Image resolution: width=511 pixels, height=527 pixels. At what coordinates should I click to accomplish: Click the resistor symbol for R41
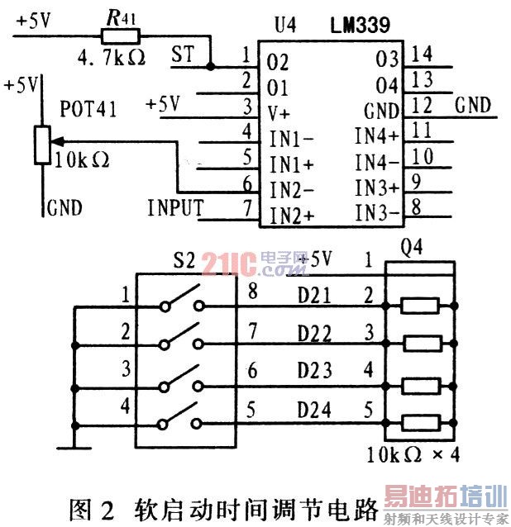(121, 36)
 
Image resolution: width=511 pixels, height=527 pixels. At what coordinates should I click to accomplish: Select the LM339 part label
(360, 25)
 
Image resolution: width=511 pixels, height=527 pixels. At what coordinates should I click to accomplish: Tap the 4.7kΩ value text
(112, 58)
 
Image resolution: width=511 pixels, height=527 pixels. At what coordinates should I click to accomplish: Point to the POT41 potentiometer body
(42, 145)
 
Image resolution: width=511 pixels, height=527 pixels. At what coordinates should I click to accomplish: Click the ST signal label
(183, 54)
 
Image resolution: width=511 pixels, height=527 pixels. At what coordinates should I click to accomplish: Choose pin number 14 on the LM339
(422, 54)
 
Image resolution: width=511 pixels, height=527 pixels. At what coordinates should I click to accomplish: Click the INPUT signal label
(175, 207)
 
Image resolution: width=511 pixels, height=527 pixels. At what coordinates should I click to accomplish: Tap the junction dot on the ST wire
(210, 66)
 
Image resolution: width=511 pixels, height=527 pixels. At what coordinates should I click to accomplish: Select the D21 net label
(314, 296)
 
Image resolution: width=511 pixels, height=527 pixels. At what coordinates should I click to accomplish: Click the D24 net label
(314, 410)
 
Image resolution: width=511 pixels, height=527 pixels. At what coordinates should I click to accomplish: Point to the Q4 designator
(412, 248)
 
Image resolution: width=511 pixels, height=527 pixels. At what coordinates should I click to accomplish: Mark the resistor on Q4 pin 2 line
(420, 306)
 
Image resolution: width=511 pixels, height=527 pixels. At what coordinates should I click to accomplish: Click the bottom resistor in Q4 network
(421, 423)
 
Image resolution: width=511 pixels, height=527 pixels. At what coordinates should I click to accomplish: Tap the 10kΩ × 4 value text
(413, 455)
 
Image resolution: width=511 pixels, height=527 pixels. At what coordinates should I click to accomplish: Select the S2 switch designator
(184, 260)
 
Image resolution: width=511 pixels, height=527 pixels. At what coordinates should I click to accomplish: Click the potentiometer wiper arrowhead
(56, 141)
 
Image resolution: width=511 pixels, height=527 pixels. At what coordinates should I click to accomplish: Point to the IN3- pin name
(377, 213)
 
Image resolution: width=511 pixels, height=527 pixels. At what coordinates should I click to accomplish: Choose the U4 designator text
(285, 25)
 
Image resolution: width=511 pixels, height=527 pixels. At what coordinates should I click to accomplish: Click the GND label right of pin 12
(473, 105)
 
